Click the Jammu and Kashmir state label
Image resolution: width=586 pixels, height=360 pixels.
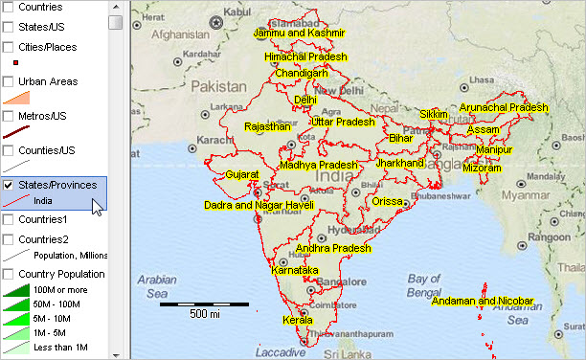[x=298, y=34]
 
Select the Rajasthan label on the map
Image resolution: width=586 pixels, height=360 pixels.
[x=267, y=126]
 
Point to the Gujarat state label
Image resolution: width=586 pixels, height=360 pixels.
[x=242, y=175]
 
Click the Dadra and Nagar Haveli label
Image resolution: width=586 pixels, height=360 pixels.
[x=259, y=205]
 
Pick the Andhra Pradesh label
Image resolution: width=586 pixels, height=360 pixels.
[x=332, y=249]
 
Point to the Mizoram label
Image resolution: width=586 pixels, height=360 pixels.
[x=482, y=169]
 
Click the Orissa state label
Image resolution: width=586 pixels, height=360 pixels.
[x=388, y=202]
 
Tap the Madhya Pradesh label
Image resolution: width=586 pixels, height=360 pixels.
[x=319, y=166]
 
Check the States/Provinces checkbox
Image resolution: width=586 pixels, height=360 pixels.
[x=8, y=185]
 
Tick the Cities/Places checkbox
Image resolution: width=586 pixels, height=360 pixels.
[x=8, y=46]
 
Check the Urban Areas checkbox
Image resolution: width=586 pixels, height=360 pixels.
[x=8, y=81]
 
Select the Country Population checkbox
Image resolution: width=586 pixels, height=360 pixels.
[x=8, y=274]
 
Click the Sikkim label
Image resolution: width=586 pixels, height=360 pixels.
[x=434, y=114]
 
